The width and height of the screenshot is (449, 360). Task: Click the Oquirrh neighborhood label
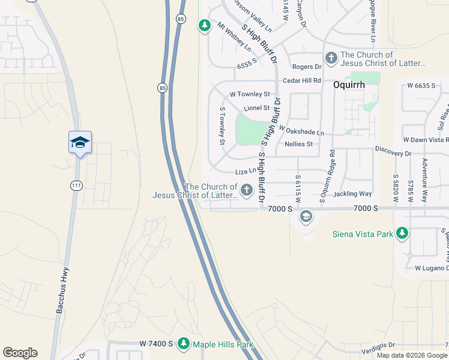(x=349, y=85)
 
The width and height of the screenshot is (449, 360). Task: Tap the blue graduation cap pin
(x=80, y=143)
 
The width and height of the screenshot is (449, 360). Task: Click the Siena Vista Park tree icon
(x=403, y=233)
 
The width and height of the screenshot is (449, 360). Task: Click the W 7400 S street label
(x=156, y=344)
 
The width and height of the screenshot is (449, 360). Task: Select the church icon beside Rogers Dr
(x=331, y=58)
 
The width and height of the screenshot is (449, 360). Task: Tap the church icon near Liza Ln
(x=246, y=190)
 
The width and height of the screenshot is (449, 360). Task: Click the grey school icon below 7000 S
(x=306, y=216)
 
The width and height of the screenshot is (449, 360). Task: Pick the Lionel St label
(x=257, y=108)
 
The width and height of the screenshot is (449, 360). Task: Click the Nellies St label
(x=298, y=144)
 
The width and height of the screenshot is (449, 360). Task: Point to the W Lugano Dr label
(x=432, y=268)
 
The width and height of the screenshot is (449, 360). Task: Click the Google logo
(x=20, y=353)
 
